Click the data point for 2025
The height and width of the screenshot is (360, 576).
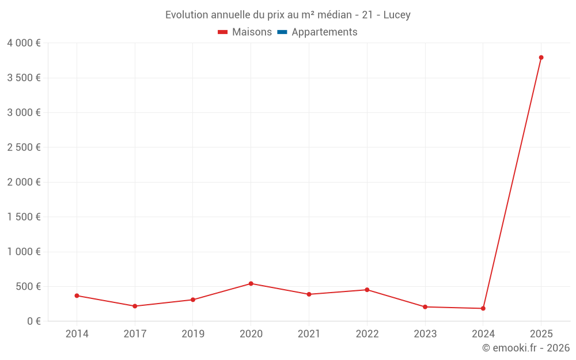541,58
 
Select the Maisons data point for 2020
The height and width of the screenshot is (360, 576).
251,283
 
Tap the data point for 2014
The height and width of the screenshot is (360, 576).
77,295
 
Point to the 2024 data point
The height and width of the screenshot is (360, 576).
483,308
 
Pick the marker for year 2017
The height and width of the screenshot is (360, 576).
135,306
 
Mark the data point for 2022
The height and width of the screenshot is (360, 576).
367,290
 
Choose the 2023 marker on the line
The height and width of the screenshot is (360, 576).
425,307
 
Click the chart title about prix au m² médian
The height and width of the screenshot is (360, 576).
288,15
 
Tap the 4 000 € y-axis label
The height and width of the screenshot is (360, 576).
24,43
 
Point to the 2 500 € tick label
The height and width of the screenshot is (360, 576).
24,147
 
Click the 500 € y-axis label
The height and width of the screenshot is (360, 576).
28,286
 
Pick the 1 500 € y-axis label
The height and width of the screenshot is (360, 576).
24,217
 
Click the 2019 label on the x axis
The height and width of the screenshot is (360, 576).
192,334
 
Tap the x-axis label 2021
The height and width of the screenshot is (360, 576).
309,334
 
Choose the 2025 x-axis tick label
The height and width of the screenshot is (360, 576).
541,334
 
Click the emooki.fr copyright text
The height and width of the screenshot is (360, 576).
526,348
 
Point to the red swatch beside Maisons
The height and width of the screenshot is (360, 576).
223,32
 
